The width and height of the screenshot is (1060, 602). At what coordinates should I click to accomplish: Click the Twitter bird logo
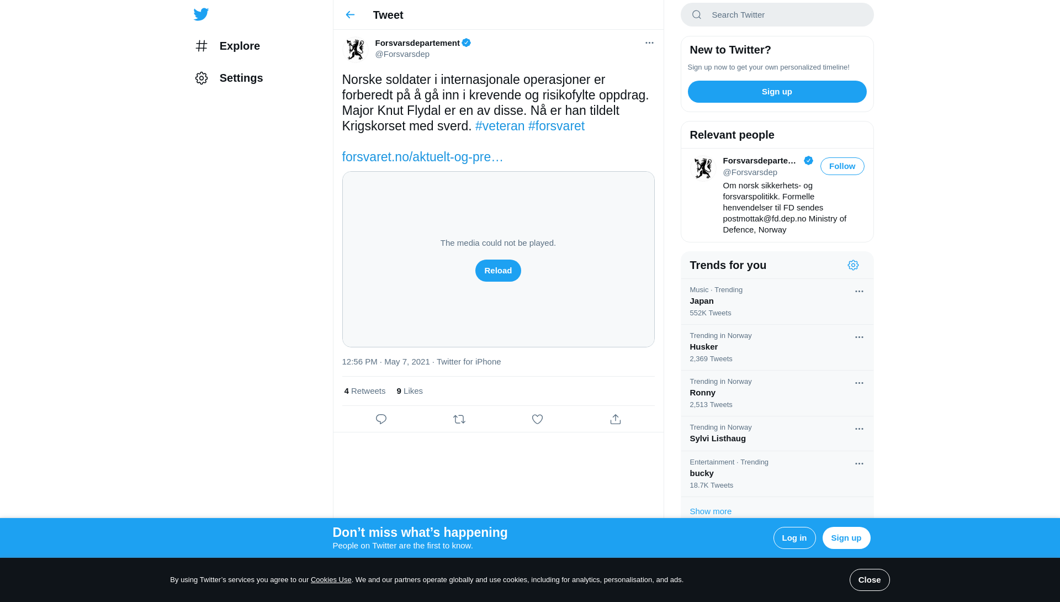pyautogui.click(x=201, y=14)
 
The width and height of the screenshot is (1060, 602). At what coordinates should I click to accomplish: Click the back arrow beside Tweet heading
pyautogui.click(x=350, y=15)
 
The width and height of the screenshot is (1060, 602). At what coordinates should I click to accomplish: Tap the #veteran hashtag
pyautogui.click(x=500, y=126)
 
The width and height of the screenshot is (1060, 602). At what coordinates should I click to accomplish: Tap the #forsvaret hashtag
pyautogui.click(x=556, y=126)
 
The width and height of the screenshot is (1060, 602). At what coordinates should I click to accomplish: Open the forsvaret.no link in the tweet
pyautogui.click(x=422, y=157)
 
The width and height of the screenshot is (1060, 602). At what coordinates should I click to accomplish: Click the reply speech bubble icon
pyautogui.click(x=381, y=419)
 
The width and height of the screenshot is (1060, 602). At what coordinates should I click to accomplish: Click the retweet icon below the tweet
pyautogui.click(x=459, y=419)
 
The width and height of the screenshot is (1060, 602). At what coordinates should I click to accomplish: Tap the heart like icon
pyautogui.click(x=537, y=419)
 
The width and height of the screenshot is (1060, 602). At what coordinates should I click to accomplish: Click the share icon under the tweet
pyautogui.click(x=616, y=419)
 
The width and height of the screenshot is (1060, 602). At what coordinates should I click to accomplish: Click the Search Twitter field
pyautogui.click(x=784, y=15)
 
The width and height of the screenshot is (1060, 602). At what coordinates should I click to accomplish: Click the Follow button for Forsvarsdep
pyautogui.click(x=842, y=166)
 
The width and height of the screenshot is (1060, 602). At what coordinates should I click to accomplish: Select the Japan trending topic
pyautogui.click(x=702, y=301)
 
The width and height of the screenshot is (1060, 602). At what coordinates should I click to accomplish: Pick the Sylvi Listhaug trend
pyautogui.click(x=718, y=439)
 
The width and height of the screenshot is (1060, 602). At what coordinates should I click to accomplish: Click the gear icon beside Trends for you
pyautogui.click(x=853, y=265)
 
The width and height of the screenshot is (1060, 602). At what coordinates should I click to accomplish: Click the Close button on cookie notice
pyautogui.click(x=869, y=580)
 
